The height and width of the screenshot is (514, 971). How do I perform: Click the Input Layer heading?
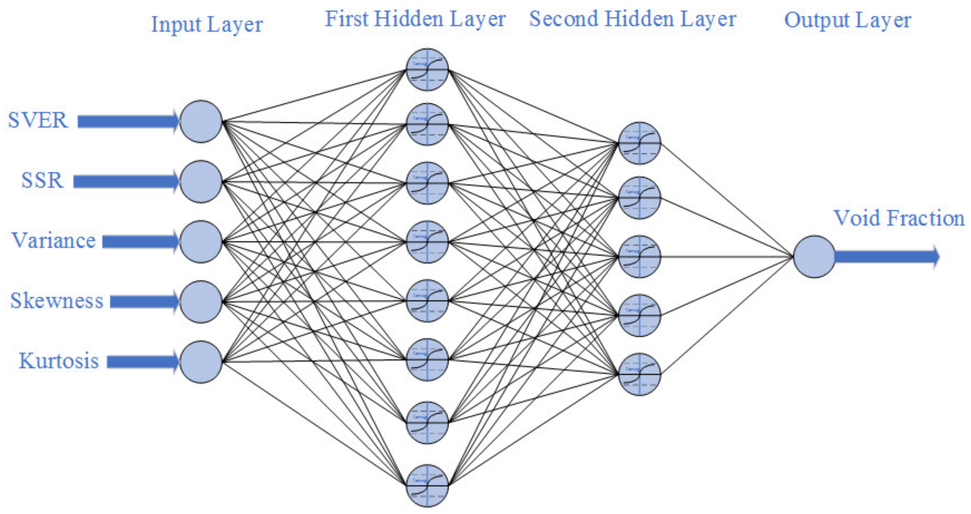pyautogui.click(x=206, y=25)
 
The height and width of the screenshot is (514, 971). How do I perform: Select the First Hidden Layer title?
pyautogui.click(x=415, y=19)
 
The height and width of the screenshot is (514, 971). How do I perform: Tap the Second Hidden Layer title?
pyautogui.click(x=633, y=19)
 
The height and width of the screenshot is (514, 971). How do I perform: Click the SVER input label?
pyautogui.click(x=38, y=121)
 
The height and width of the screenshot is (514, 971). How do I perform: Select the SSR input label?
pyautogui.click(x=42, y=180)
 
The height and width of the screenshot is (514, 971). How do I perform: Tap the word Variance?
pyautogui.click(x=54, y=240)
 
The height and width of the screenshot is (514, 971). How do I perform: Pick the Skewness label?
pyautogui.click(x=57, y=301)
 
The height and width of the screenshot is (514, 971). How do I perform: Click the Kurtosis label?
pyautogui.click(x=59, y=361)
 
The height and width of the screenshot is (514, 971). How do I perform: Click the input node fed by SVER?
pyautogui.click(x=201, y=121)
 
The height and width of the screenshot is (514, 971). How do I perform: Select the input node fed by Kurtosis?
pyautogui.click(x=201, y=362)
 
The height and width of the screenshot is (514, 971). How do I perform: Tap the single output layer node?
pyautogui.click(x=814, y=257)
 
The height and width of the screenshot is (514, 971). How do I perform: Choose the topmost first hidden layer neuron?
pyautogui.click(x=427, y=70)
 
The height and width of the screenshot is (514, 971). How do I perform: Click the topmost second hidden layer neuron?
pyautogui.click(x=639, y=143)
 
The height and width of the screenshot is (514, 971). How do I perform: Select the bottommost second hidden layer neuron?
pyautogui.click(x=639, y=374)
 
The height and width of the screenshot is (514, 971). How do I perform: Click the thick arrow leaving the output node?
pyautogui.click(x=886, y=257)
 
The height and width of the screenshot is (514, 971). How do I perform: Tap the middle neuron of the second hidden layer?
pyautogui.click(x=639, y=257)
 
